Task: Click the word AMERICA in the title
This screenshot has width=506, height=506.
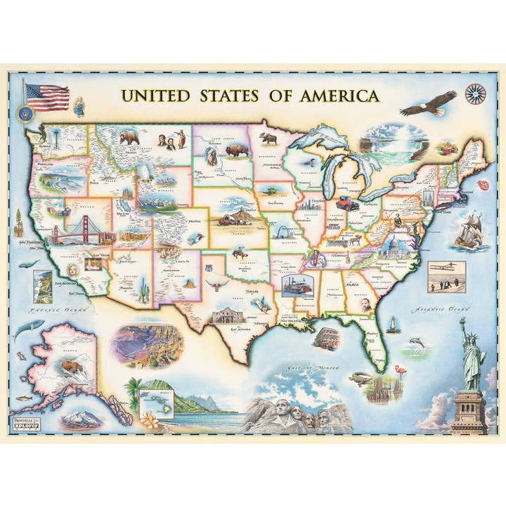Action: point(338,96)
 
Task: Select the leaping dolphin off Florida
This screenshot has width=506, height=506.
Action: point(417,343)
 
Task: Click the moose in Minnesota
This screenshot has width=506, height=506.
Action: point(267,138)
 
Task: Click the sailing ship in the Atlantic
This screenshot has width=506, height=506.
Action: point(467,229)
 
